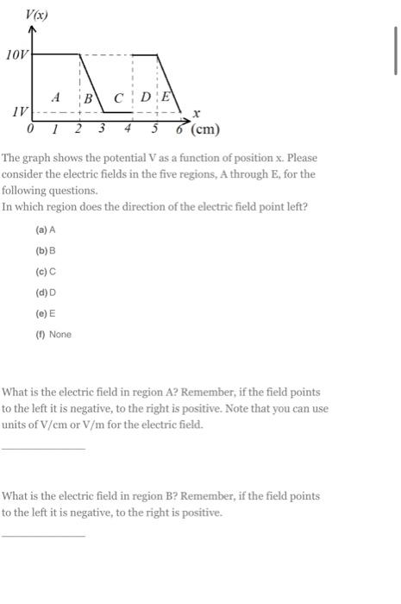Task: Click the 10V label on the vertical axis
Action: click(x=17, y=54)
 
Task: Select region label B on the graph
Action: click(x=88, y=98)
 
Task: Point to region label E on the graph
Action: click(x=166, y=98)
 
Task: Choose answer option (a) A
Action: click(x=46, y=230)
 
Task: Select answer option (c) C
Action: click(x=46, y=272)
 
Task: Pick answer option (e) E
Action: click(x=46, y=313)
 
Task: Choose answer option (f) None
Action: click(x=53, y=334)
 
